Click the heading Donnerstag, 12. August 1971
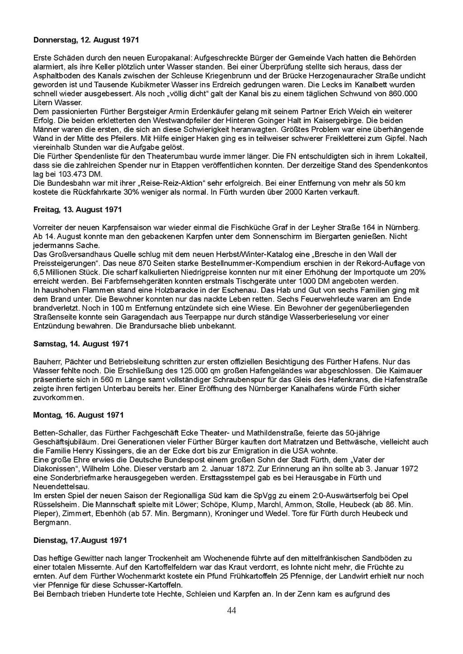[x=86, y=40]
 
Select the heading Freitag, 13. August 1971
[x=77, y=210]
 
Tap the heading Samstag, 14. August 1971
[x=81, y=344]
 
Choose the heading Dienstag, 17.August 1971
[x=80, y=540]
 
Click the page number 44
[x=231, y=611]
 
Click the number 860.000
[x=403, y=93]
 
